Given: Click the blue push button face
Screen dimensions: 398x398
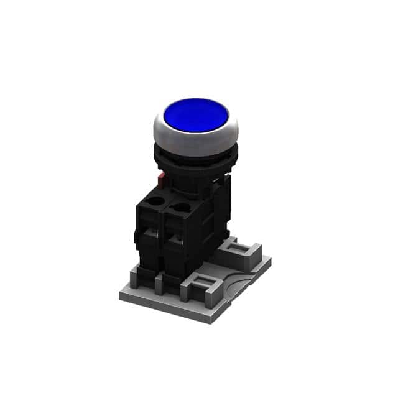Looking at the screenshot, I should pyautogui.click(x=195, y=116).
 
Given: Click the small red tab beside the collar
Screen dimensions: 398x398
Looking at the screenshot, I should pyautogui.click(x=160, y=181).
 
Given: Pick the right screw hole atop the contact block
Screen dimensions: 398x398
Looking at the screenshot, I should pyautogui.click(x=182, y=207).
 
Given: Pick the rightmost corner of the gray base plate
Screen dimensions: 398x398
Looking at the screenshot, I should pyautogui.click(x=271, y=260).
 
